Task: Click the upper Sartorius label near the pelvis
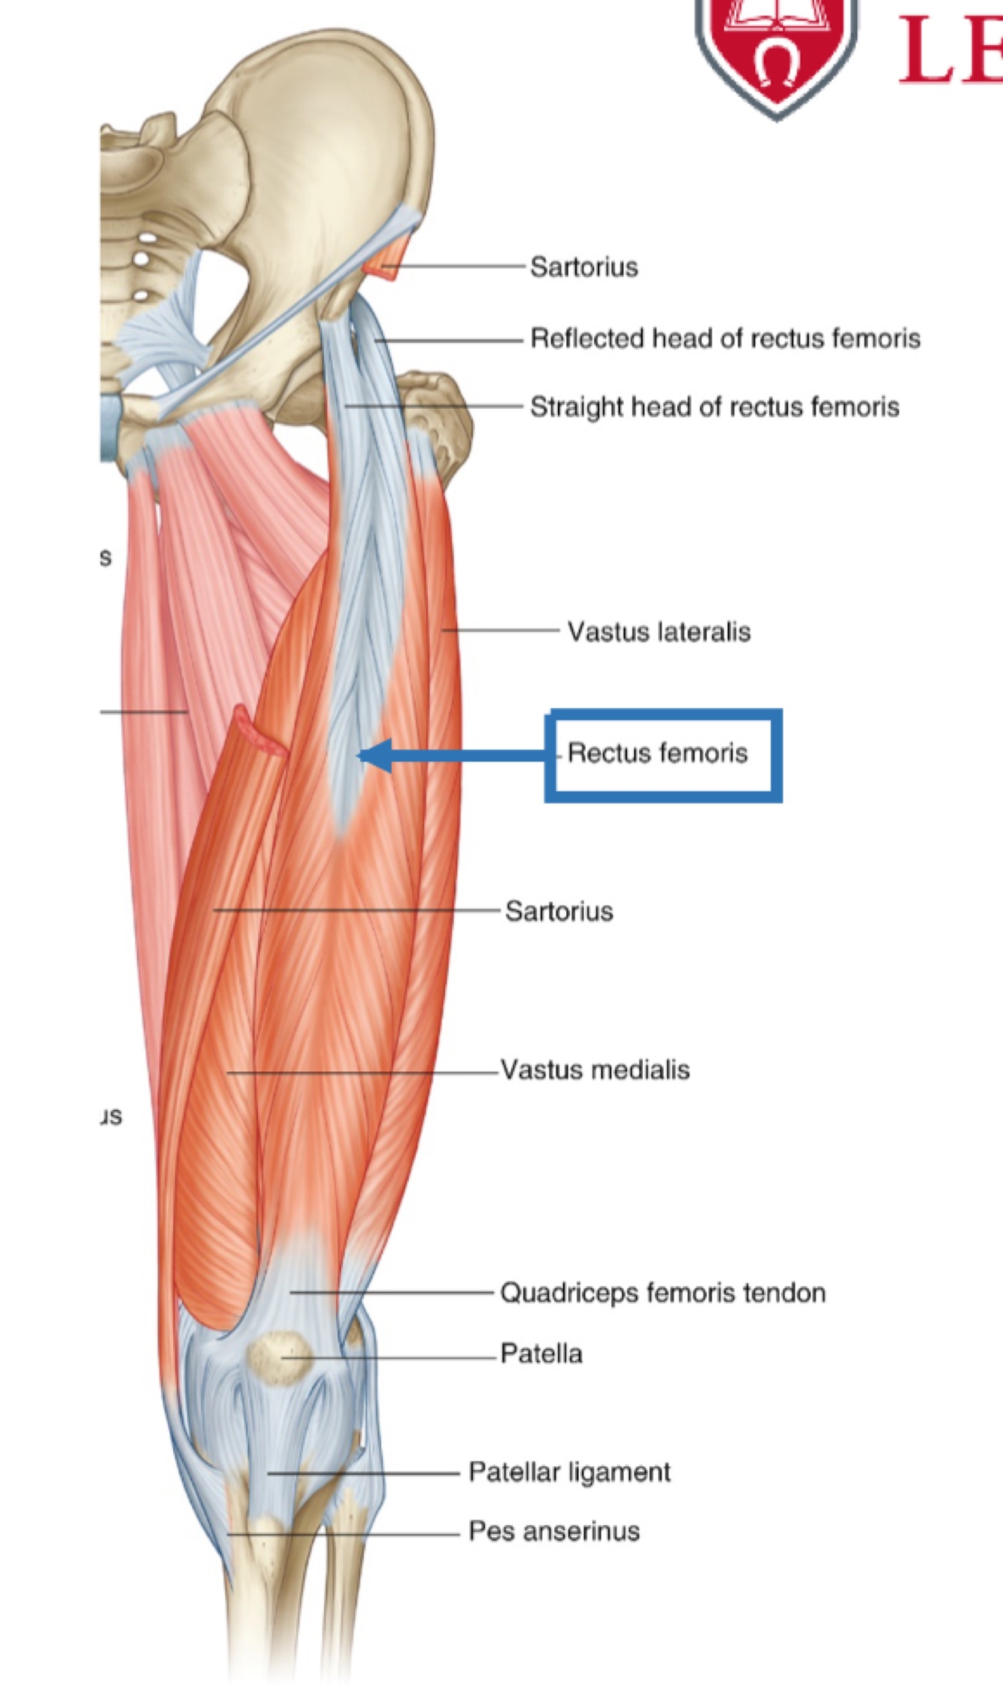[583, 267]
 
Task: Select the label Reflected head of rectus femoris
[725, 338]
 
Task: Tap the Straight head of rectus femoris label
[714, 407]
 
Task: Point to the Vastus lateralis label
[659, 631]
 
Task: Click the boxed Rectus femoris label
[658, 753]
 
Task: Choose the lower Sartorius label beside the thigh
[559, 911]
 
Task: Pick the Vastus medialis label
[595, 1069]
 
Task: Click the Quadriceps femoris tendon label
[662, 1293]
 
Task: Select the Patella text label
[541, 1354]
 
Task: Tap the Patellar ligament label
[569, 1472]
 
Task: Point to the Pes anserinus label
[554, 1531]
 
